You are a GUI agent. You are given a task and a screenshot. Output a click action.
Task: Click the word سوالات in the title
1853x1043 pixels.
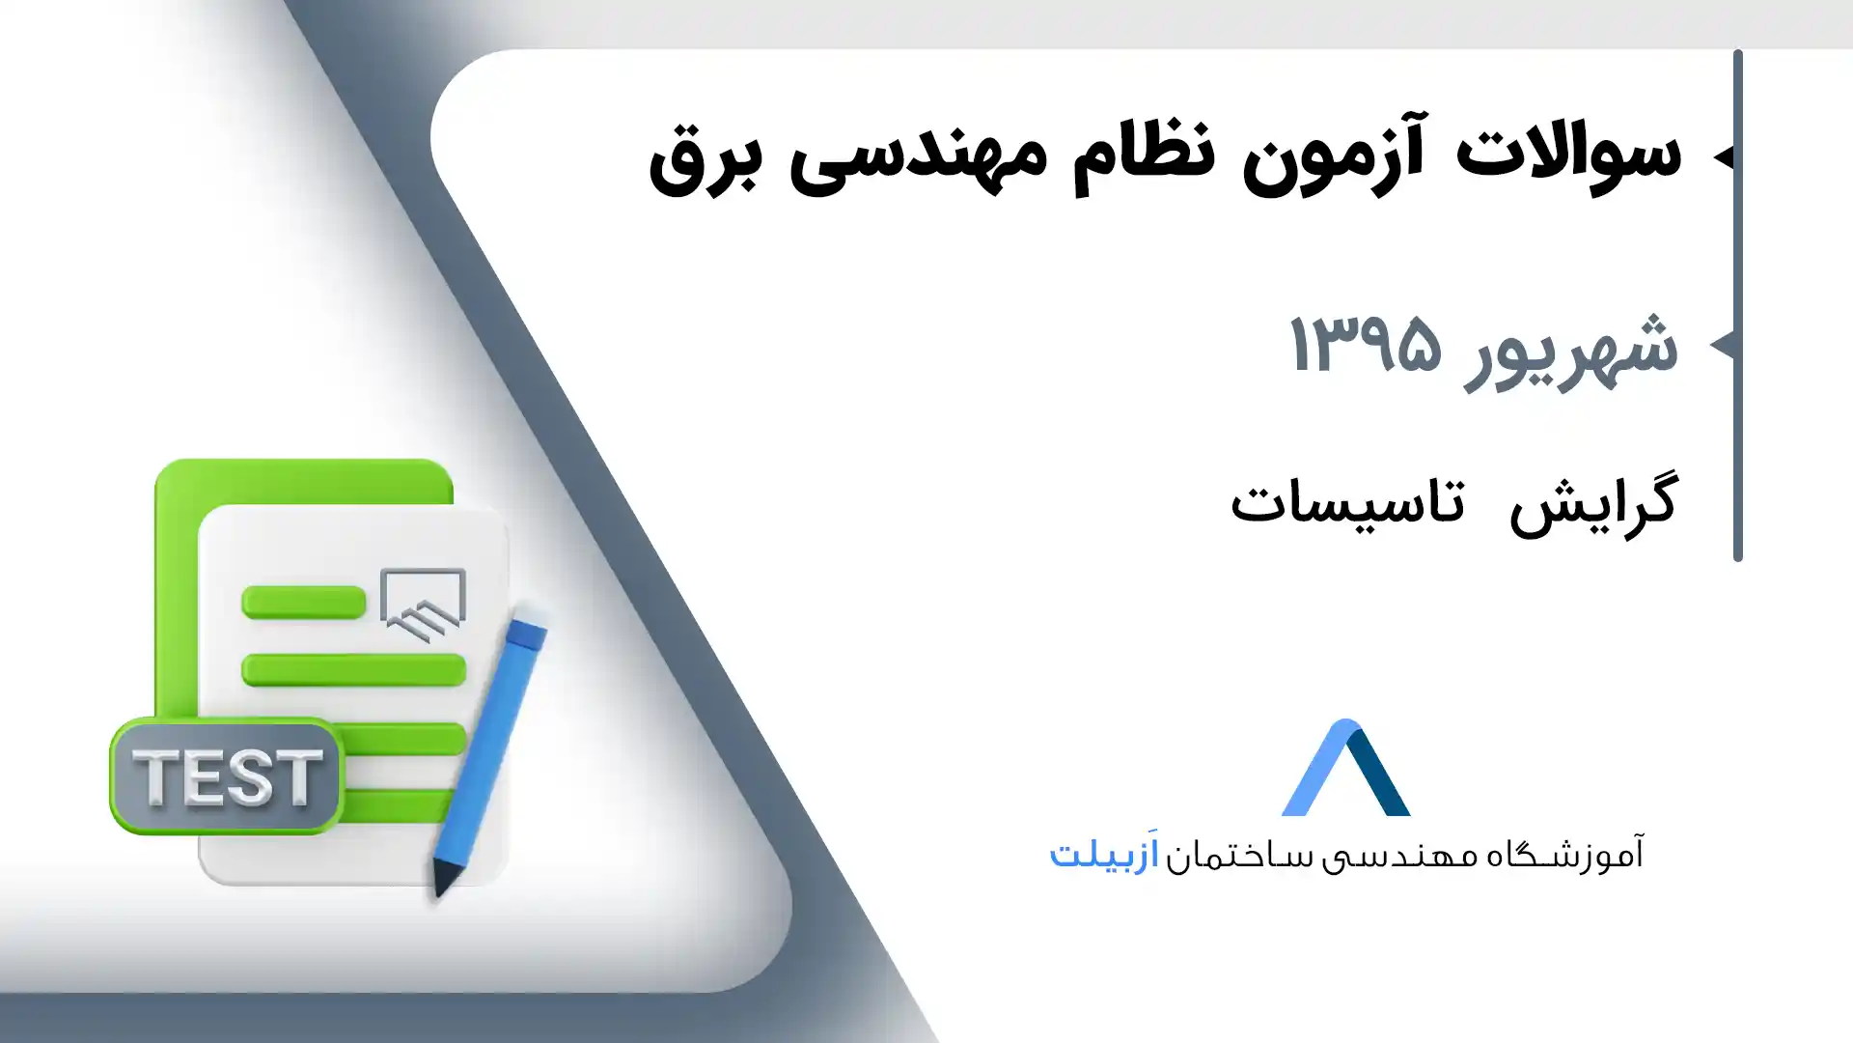(x=1568, y=153)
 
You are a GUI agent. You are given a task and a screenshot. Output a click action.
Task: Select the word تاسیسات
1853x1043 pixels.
(x=1347, y=502)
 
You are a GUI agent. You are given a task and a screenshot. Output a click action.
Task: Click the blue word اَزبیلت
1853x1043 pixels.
(x=1104, y=853)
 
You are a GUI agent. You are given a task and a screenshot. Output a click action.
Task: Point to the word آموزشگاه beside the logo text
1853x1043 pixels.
(x=1564, y=854)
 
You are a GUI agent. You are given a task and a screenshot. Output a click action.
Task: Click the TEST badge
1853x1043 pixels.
(x=227, y=775)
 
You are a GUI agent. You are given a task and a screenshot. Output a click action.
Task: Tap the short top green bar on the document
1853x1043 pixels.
(x=304, y=602)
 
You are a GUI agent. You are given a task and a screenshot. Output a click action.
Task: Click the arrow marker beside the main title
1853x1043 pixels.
(x=1723, y=155)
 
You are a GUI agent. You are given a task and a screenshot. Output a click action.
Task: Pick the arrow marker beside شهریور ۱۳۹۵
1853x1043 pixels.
(x=1722, y=344)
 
